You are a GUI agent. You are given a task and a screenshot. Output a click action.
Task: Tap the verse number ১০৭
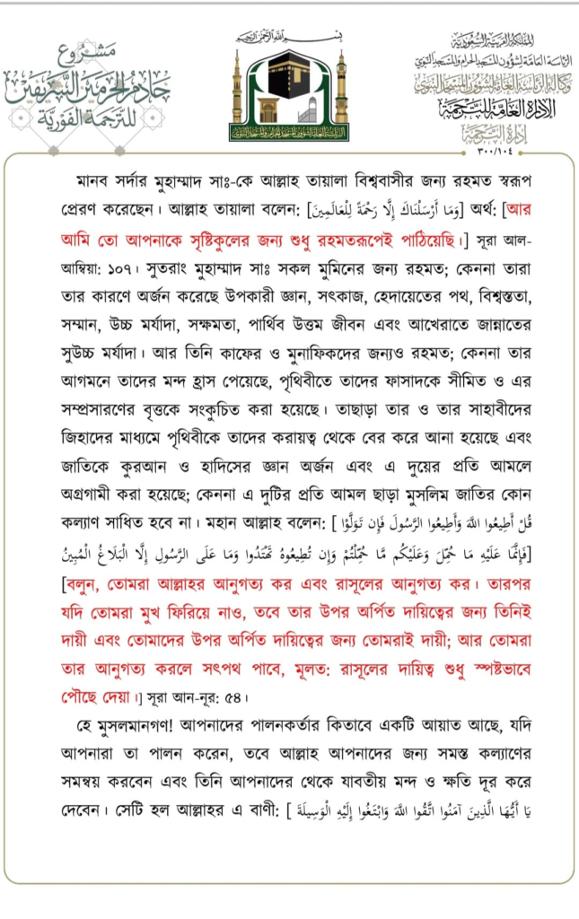tap(92, 267)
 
